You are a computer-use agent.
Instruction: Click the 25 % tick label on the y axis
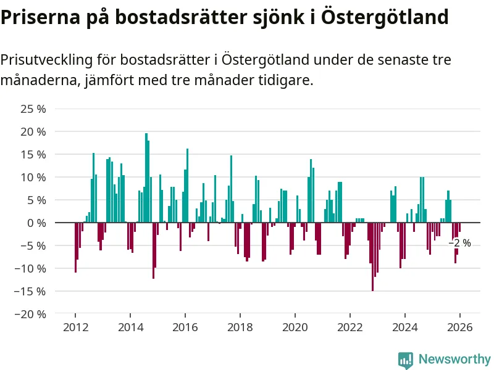(x=33, y=109)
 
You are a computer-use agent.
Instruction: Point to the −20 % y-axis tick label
(x=31, y=314)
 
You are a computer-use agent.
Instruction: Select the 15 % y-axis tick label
(x=33, y=155)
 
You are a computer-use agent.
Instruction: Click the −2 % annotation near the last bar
(x=460, y=244)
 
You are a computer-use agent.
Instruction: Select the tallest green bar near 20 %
(x=146, y=178)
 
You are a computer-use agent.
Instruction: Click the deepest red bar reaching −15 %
(x=372, y=256)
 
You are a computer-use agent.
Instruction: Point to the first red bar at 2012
(x=75, y=247)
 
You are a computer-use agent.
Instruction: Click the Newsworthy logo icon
(x=406, y=360)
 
